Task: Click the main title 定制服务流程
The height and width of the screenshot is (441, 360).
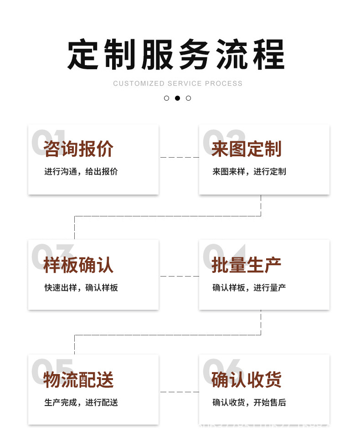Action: [176, 55]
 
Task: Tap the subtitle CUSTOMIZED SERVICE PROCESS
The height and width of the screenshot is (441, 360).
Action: [178, 83]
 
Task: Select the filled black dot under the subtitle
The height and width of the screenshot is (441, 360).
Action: [177, 98]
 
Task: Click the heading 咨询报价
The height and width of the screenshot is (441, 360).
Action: [78, 149]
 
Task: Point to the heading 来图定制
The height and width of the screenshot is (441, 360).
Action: [247, 149]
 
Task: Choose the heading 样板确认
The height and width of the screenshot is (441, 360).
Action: [78, 265]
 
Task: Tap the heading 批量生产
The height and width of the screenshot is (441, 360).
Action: [247, 265]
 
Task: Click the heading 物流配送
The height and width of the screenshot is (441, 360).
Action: [78, 380]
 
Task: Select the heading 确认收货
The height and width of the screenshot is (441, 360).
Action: [247, 380]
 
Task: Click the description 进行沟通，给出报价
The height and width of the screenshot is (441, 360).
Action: [81, 172]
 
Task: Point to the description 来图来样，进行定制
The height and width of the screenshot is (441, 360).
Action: [249, 172]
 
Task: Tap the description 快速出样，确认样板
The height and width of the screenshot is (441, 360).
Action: [81, 288]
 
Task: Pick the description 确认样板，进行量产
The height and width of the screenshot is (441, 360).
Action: [249, 288]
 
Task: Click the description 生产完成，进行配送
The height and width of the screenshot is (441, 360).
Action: [81, 403]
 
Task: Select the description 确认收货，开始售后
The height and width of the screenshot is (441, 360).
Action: [249, 403]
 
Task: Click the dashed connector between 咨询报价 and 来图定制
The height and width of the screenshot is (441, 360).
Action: [179, 158]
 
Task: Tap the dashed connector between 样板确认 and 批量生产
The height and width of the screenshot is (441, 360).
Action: [179, 276]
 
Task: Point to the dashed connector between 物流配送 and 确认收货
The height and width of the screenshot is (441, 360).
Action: [179, 392]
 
